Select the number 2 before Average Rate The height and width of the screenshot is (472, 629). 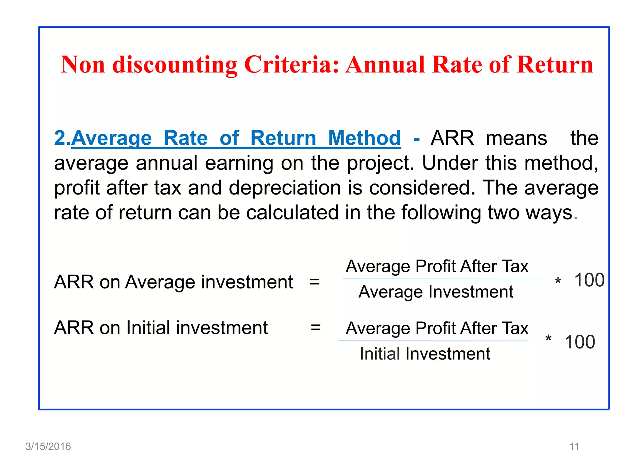point(60,138)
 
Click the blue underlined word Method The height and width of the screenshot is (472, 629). point(364,138)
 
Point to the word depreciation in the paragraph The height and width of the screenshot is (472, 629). point(285,188)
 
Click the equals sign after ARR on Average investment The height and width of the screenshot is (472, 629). point(314,281)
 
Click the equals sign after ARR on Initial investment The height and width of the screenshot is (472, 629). point(316,327)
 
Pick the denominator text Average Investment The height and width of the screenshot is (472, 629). point(436,292)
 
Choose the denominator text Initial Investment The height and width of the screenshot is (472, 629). point(425,354)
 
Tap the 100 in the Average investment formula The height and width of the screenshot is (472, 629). point(589,280)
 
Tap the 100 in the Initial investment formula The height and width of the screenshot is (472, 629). point(580,342)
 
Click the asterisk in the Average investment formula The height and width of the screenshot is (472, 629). point(558,281)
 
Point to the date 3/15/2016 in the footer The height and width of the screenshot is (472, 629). point(48,446)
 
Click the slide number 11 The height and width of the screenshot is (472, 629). point(574,446)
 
